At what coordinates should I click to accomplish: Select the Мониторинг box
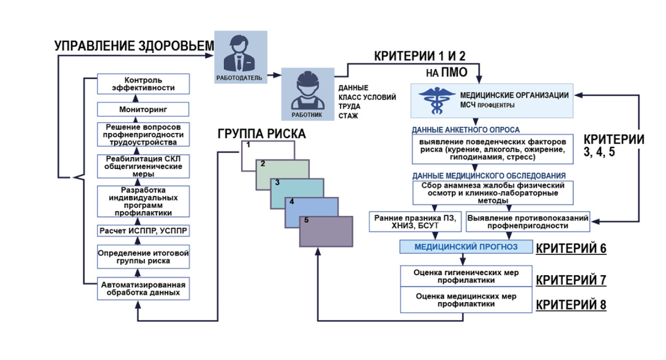tap(143, 109)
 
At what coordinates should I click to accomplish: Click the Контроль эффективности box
tap(143, 83)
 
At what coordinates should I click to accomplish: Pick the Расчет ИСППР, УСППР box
tap(143, 231)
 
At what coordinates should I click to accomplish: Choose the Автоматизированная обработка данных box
tap(143, 289)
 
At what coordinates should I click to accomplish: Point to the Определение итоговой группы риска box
tap(143, 256)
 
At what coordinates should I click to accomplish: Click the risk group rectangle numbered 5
tap(326, 231)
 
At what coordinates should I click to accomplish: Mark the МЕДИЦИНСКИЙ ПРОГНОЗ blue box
tap(466, 246)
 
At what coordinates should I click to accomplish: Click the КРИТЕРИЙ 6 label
tap(571, 248)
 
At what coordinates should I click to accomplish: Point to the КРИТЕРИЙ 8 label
tap(571, 304)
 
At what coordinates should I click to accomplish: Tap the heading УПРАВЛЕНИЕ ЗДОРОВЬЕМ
tap(134, 46)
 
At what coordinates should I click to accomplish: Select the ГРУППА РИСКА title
tap(261, 134)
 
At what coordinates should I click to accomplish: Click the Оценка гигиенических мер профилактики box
tap(466, 276)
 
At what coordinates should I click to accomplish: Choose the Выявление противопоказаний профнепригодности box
tap(528, 222)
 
